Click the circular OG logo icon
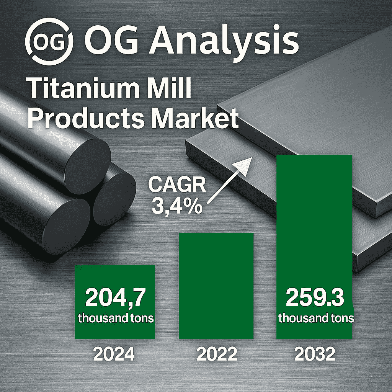point(49,41)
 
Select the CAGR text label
point(177,185)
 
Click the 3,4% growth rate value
point(177,206)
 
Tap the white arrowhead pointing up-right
point(242,166)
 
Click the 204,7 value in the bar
point(115,298)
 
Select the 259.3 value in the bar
point(315,298)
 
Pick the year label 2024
point(114,354)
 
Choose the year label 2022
point(217,354)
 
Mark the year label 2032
point(315,354)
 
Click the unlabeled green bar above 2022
point(216,286)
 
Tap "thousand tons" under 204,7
point(116,318)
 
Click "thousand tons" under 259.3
point(316,318)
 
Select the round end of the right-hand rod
point(114,199)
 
